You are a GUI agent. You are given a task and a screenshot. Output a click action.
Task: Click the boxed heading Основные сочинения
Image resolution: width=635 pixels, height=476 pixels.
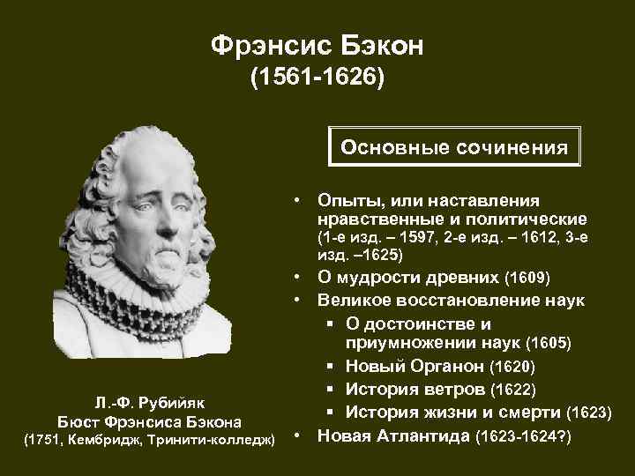(x=454, y=147)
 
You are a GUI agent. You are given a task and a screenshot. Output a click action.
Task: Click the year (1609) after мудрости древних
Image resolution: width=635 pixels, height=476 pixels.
(x=527, y=279)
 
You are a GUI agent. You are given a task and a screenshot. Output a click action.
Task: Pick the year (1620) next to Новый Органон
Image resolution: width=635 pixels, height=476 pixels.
(x=512, y=365)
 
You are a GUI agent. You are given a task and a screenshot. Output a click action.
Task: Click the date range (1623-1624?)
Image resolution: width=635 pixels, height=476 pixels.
(x=524, y=435)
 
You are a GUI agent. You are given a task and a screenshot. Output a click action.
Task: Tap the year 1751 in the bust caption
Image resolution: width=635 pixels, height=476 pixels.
(x=41, y=440)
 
